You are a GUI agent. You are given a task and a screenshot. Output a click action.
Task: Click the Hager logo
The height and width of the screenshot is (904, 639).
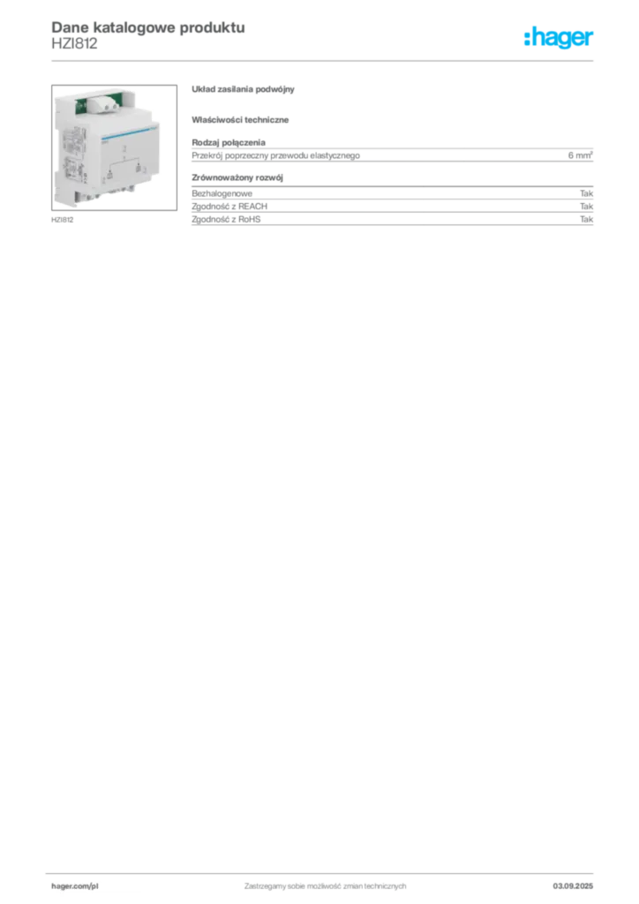(x=559, y=37)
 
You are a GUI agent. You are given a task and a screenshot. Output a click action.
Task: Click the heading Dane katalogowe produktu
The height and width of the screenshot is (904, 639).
(x=148, y=27)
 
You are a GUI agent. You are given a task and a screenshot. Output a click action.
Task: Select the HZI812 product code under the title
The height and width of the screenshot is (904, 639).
(x=74, y=43)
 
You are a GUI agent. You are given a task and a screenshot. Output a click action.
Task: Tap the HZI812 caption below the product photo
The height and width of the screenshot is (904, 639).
(x=63, y=220)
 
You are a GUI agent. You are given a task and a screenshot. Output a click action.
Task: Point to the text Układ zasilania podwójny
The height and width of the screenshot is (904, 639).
(x=243, y=89)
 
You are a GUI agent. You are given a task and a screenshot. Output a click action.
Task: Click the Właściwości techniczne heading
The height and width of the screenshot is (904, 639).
(x=240, y=120)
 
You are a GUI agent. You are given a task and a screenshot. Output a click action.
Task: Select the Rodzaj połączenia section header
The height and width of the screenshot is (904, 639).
(x=229, y=142)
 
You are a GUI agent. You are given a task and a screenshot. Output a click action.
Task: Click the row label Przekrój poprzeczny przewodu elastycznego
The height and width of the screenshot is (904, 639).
(x=276, y=155)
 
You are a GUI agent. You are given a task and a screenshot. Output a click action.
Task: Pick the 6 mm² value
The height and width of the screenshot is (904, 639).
(x=580, y=155)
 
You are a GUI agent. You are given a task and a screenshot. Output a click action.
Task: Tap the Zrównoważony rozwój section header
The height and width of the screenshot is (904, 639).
(x=237, y=177)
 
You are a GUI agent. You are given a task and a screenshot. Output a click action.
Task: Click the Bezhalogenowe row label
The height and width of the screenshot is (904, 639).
(x=222, y=193)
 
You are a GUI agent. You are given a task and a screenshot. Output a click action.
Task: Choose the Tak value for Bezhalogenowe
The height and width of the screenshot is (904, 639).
(x=587, y=193)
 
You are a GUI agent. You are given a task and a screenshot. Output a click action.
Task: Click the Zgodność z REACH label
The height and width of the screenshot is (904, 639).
(x=229, y=207)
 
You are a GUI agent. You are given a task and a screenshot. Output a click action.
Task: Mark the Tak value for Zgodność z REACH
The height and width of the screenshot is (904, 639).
(x=587, y=207)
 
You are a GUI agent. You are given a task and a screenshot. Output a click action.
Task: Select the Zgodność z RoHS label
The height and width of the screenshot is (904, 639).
(x=226, y=220)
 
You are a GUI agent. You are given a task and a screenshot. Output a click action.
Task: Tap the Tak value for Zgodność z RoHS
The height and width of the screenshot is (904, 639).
(x=587, y=220)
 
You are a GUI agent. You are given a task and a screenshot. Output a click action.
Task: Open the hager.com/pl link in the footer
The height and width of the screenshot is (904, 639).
(x=75, y=886)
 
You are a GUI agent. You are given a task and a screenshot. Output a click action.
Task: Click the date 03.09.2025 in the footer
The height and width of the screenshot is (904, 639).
(x=573, y=886)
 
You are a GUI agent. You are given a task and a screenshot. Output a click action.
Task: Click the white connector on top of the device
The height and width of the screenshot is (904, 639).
(x=103, y=104)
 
